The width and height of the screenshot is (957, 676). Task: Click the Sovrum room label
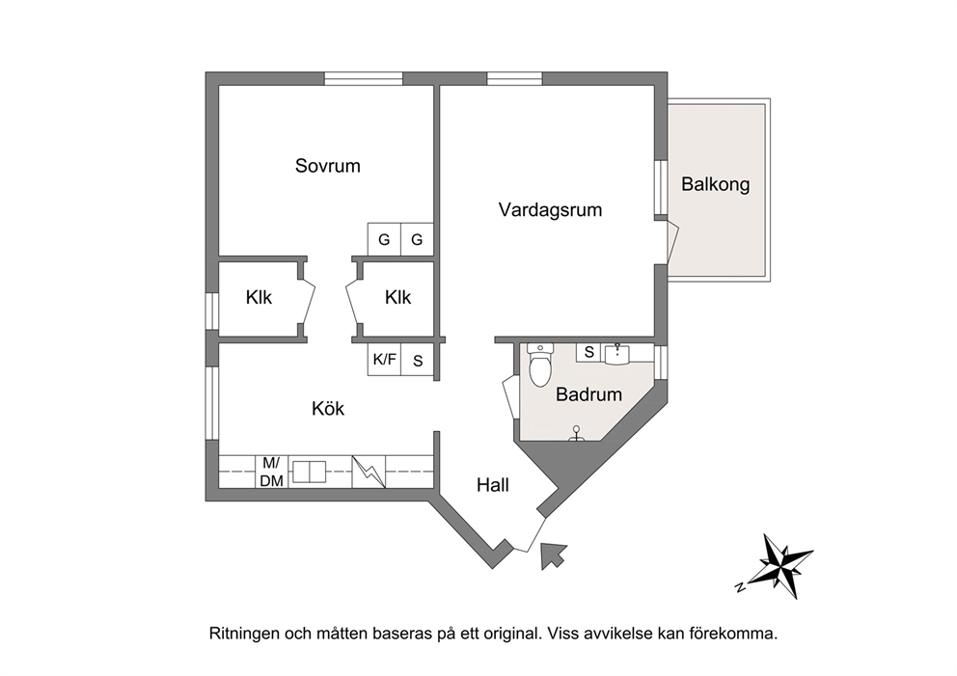pyautogui.click(x=328, y=166)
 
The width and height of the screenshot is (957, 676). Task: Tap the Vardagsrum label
pyautogui.click(x=550, y=210)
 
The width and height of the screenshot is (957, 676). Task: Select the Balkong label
pyautogui.click(x=715, y=184)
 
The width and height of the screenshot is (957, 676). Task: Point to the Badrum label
pyautogui.click(x=589, y=394)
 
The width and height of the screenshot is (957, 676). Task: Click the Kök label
pyautogui.click(x=328, y=408)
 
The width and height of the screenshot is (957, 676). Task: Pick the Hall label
pyautogui.click(x=493, y=485)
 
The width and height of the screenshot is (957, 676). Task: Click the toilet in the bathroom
pyautogui.click(x=540, y=365)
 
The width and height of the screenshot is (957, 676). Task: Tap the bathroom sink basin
pyautogui.click(x=617, y=353)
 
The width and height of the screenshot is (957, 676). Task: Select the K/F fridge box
pyautogui.click(x=385, y=360)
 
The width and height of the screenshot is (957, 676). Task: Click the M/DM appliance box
pyautogui.click(x=272, y=472)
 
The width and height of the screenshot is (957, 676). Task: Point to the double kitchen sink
pyautogui.click(x=309, y=472)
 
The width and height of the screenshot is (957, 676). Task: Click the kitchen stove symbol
pyautogui.click(x=369, y=472)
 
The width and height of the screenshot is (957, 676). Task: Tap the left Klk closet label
pyautogui.click(x=259, y=298)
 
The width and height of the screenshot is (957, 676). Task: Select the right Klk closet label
pyautogui.click(x=397, y=298)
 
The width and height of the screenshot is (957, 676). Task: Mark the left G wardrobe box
pyautogui.click(x=384, y=239)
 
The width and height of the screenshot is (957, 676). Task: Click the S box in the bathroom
pyautogui.click(x=589, y=352)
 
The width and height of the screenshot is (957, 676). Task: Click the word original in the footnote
pyautogui.click(x=509, y=634)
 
